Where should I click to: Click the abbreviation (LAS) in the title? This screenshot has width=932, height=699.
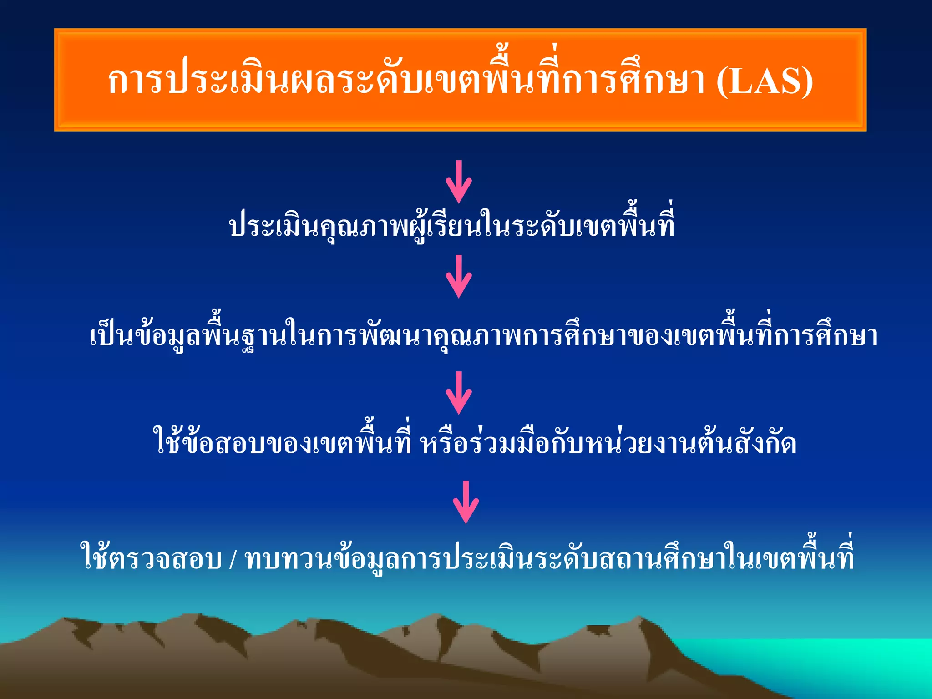click(x=765, y=82)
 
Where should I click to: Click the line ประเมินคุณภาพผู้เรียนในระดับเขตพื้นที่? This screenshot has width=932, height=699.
click(x=452, y=226)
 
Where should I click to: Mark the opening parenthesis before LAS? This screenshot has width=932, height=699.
click(x=723, y=82)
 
